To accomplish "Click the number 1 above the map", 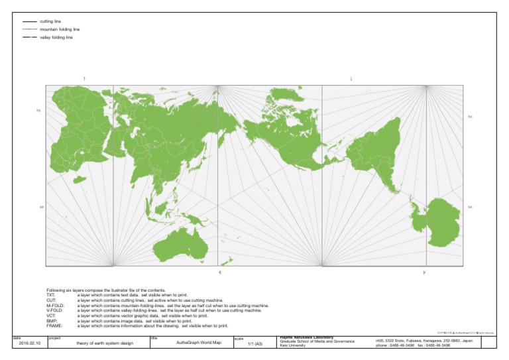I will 84,79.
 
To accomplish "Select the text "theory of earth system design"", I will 105,343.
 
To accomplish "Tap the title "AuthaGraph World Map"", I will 192,343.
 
